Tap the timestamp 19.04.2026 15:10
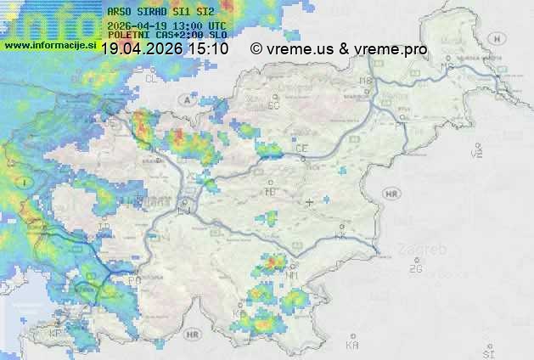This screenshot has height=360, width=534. [165, 49]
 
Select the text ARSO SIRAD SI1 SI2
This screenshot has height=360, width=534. [156, 12]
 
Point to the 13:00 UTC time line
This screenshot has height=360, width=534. [156, 25]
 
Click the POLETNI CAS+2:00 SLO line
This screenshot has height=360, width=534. [156, 36]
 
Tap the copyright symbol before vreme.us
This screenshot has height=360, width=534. [257, 49]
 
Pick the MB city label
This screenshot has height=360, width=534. [366, 82]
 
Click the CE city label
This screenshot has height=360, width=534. [301, 149]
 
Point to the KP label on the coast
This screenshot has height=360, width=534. [55, 333]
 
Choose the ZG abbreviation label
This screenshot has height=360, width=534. [415, 269]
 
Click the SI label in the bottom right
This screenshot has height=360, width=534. [487, 351]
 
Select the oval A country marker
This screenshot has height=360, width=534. [185, 99]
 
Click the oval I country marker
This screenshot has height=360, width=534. [25, 182]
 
